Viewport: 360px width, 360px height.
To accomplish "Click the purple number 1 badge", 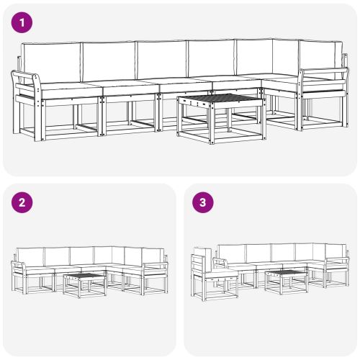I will pos(24,23).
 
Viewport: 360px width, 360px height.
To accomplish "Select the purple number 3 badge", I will pos(204,202).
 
